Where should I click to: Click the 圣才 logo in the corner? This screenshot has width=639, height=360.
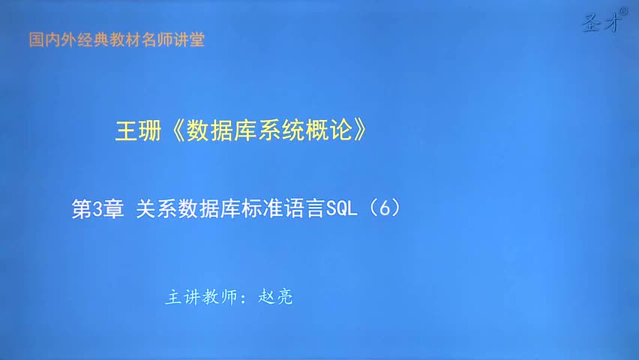(x=601, y=22)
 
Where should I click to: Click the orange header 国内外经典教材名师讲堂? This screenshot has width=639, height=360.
(x=116, y=40)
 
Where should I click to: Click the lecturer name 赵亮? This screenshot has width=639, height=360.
(x=275, y=297)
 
